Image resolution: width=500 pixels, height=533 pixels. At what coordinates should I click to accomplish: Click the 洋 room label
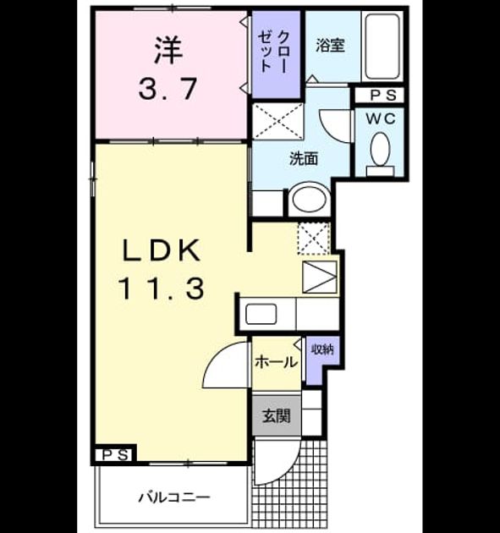[168, 50]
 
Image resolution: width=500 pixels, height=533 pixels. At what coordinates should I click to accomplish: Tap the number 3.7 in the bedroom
[168, 89]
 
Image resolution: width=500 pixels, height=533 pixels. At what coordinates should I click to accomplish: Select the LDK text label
[161, 250]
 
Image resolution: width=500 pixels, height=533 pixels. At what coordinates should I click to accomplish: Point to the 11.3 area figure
[161, 288]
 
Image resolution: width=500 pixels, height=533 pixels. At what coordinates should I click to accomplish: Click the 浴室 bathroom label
[331, 45]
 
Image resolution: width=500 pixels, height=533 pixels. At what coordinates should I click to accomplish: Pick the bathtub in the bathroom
[382, 47]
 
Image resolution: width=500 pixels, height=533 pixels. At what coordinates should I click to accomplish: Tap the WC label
[381, 118]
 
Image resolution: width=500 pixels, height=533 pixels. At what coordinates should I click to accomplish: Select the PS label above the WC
[383, 96]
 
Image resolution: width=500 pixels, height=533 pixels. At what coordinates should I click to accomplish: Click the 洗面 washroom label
[304, 158]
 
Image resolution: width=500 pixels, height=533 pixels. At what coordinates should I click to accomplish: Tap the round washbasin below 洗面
[310, 200]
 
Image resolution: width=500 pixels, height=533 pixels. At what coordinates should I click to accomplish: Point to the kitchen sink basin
[261, 314]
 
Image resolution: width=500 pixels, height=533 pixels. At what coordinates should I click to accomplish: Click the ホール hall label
[277, 362]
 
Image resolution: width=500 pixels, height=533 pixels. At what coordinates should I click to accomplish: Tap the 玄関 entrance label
[277, 415]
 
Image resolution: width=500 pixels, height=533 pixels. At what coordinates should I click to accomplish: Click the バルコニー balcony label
[174, 498]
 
